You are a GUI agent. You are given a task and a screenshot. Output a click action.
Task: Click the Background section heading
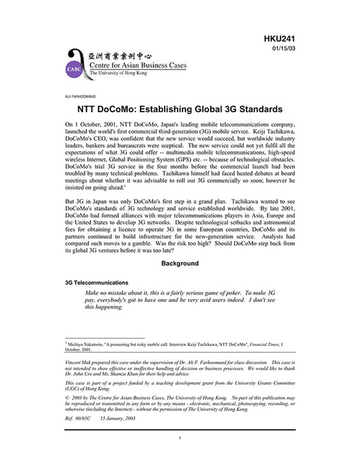point(180,263)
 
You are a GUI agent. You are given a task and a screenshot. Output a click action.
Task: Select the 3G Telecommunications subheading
point(97,282)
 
